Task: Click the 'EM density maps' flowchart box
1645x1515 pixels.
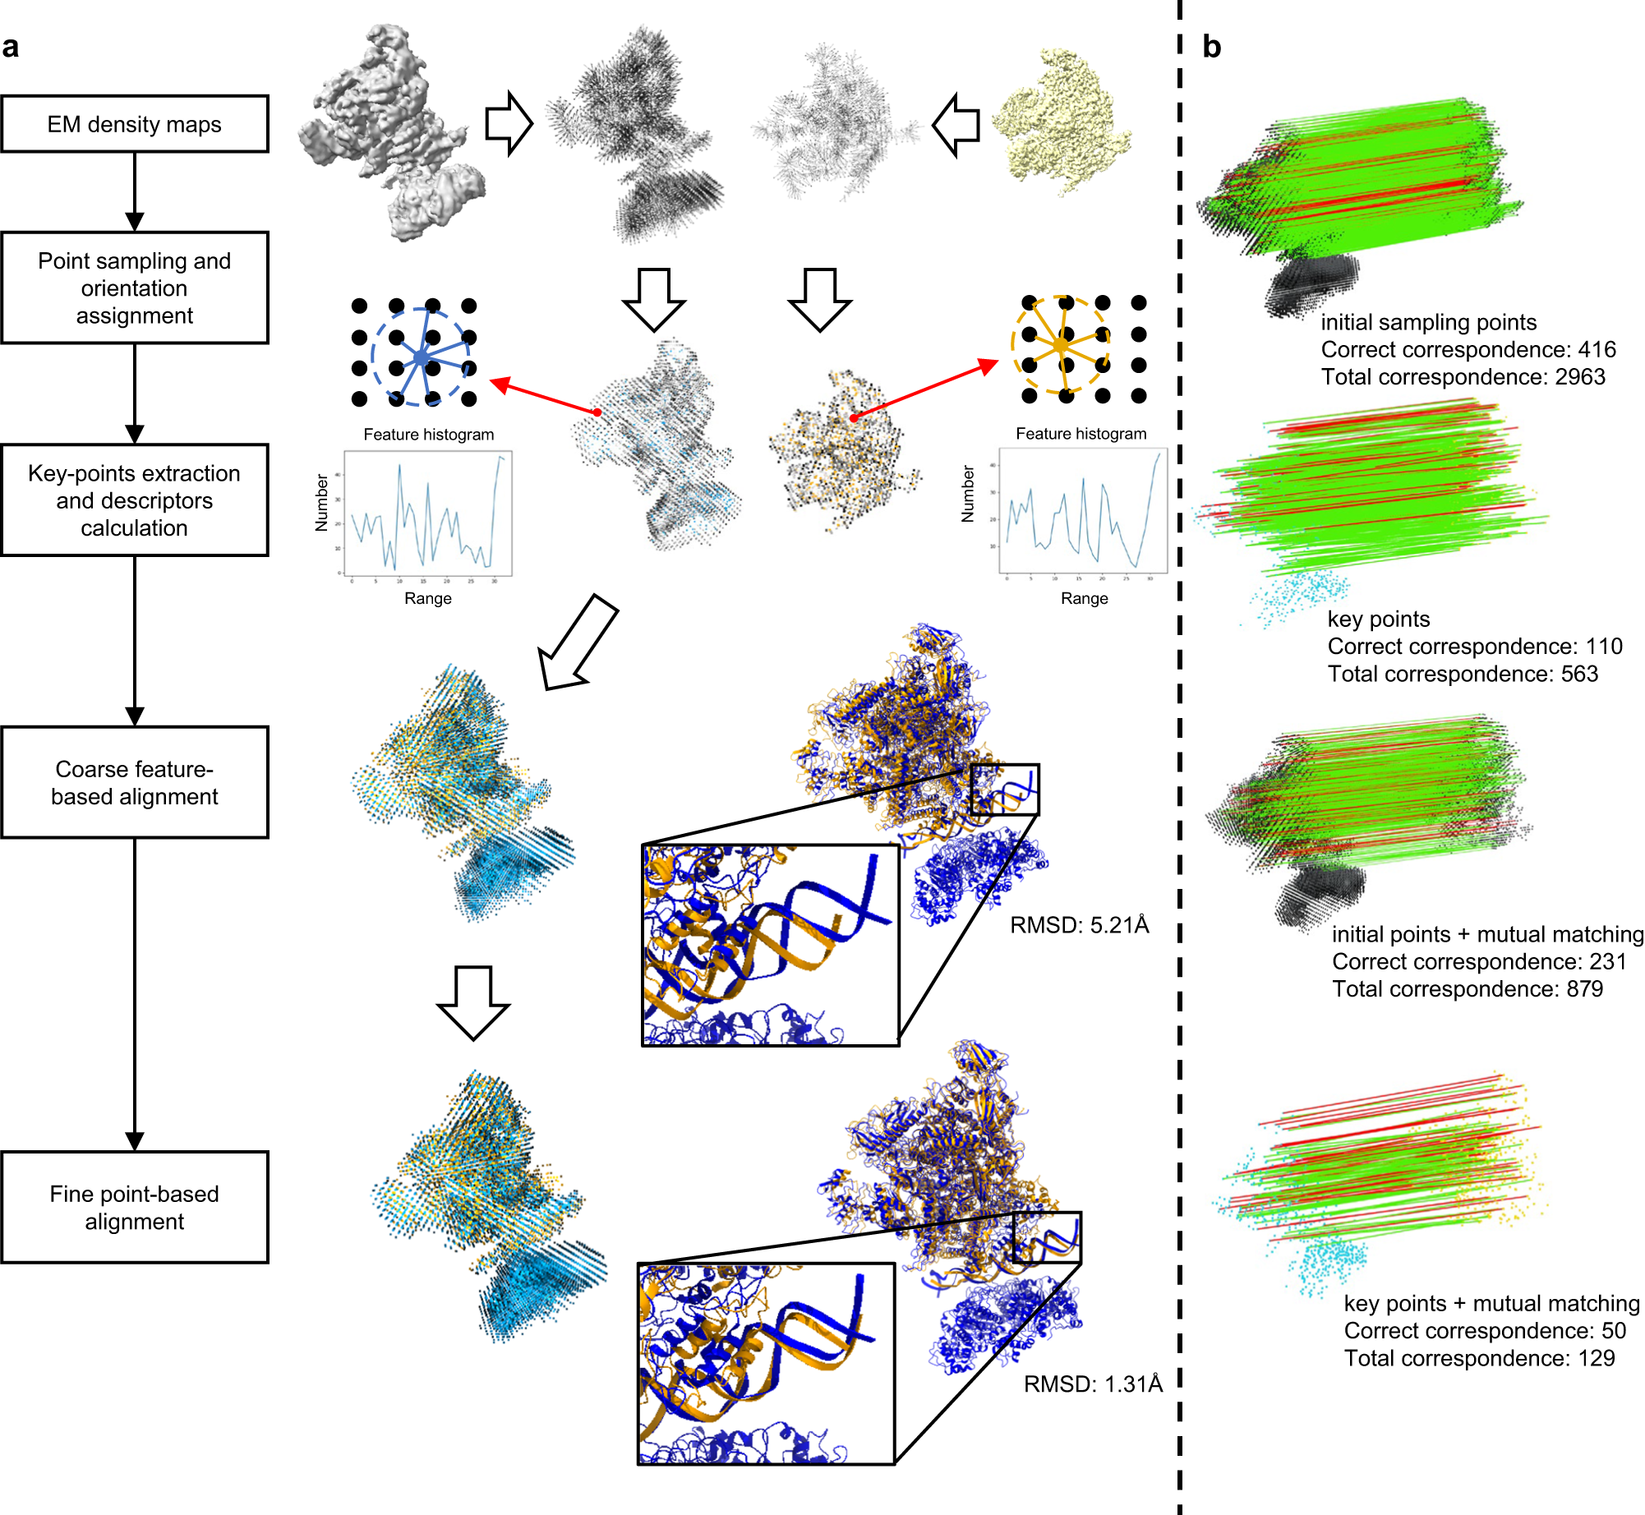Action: [x=135, y=124]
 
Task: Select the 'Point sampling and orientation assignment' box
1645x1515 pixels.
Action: [x=135, y=288]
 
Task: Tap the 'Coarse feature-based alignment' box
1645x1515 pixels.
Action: [x=135, y=782]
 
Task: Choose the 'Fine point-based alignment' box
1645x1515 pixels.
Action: [x=135, y=1207]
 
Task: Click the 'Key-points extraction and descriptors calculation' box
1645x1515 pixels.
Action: [x=135, y=500]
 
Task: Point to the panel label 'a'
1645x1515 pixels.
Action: [x=11, y=47]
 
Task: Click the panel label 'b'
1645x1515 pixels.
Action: [x=1211, y=47]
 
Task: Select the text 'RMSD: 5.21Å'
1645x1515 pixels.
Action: [x=1079, y=925]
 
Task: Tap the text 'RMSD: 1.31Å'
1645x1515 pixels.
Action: [x=1093, y=1384]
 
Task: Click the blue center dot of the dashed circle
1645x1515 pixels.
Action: [x=421, y=357]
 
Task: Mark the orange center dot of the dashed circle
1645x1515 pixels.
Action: [x=1061, y=346]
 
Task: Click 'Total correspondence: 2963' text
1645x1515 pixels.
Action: [x=1463, y=377]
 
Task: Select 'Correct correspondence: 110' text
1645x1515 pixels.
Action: [x=1475, y=647]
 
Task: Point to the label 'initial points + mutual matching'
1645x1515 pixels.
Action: [x=1487, y=934]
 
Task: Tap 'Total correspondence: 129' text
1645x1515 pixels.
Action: [x=1479, y=1358]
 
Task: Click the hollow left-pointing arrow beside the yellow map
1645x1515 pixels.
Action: [x=956, y=125]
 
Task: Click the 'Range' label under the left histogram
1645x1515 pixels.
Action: [x=427, y=598]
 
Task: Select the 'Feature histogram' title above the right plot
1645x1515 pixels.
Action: [x=1081, y=433]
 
